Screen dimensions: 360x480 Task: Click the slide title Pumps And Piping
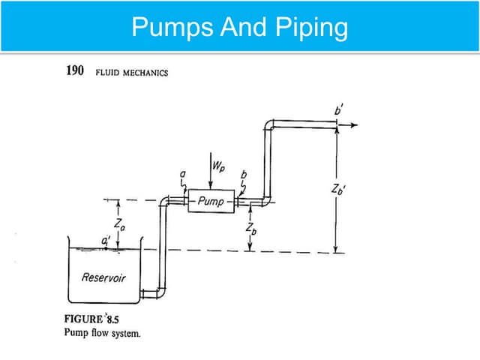tap(240, 27)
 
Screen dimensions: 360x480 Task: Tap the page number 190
tap(76, 72)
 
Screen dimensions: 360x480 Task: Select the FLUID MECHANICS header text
tap(131, 73)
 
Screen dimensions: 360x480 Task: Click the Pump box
tap(211, 200)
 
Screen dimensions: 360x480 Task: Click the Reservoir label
tap(103, 277)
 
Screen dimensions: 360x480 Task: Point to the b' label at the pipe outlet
tap(339, 111)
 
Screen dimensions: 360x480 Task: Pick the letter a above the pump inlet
tap(182, 175)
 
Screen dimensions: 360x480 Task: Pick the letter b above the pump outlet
tap(241, 175)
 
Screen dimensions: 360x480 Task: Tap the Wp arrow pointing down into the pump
tap(211, 172)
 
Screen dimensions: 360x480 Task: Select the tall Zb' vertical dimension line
tap(337, 187)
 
